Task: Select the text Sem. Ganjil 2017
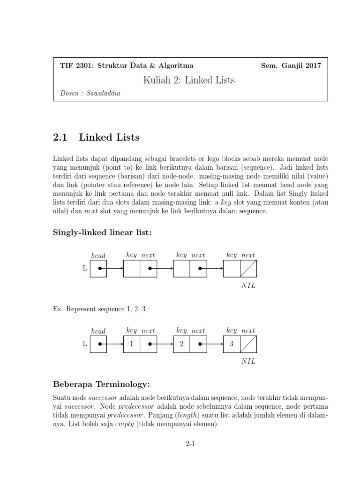[x=291, y=66]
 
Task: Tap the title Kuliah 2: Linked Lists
[x=189, y=80]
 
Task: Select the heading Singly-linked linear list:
[x=103, y=232]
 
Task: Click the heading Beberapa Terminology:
[x=101, y=385]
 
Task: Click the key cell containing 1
[x=132, y=344]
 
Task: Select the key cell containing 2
[x=181, y=344]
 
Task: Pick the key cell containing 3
[x=232, y=344]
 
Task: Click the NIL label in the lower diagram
[x=248, y=361]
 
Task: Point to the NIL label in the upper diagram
[x=248, y=286]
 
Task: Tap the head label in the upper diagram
[x=98, y=255]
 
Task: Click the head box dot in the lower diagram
[x=99, y=344]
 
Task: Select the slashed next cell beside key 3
[x=248, y=344]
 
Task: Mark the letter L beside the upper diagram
[x=84, y=269]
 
